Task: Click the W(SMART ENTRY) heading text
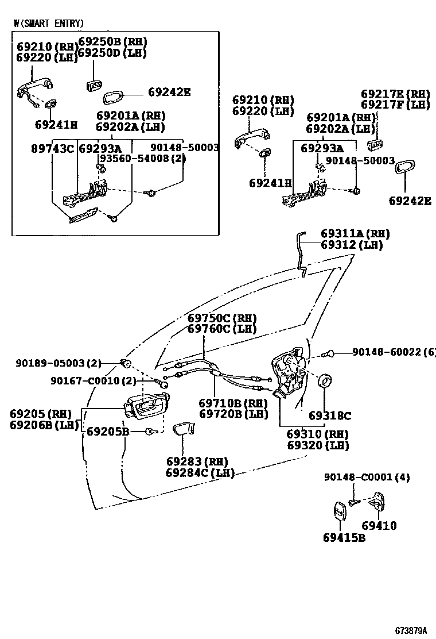[x=49, y=24]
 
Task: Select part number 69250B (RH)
[x=112, y=42]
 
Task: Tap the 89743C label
[x=52, y=148]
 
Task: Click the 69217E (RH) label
[x=395, y=94]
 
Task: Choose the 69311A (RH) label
[x=355, y=234]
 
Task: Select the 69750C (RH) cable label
[x=222, y=318]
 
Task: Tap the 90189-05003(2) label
[x=59, y=363]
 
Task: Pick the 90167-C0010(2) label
[x=94, y=380]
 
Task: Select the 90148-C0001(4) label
[x=367, y=477]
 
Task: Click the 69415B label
[x=344, y=538]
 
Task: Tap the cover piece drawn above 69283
[x=184, y=429]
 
